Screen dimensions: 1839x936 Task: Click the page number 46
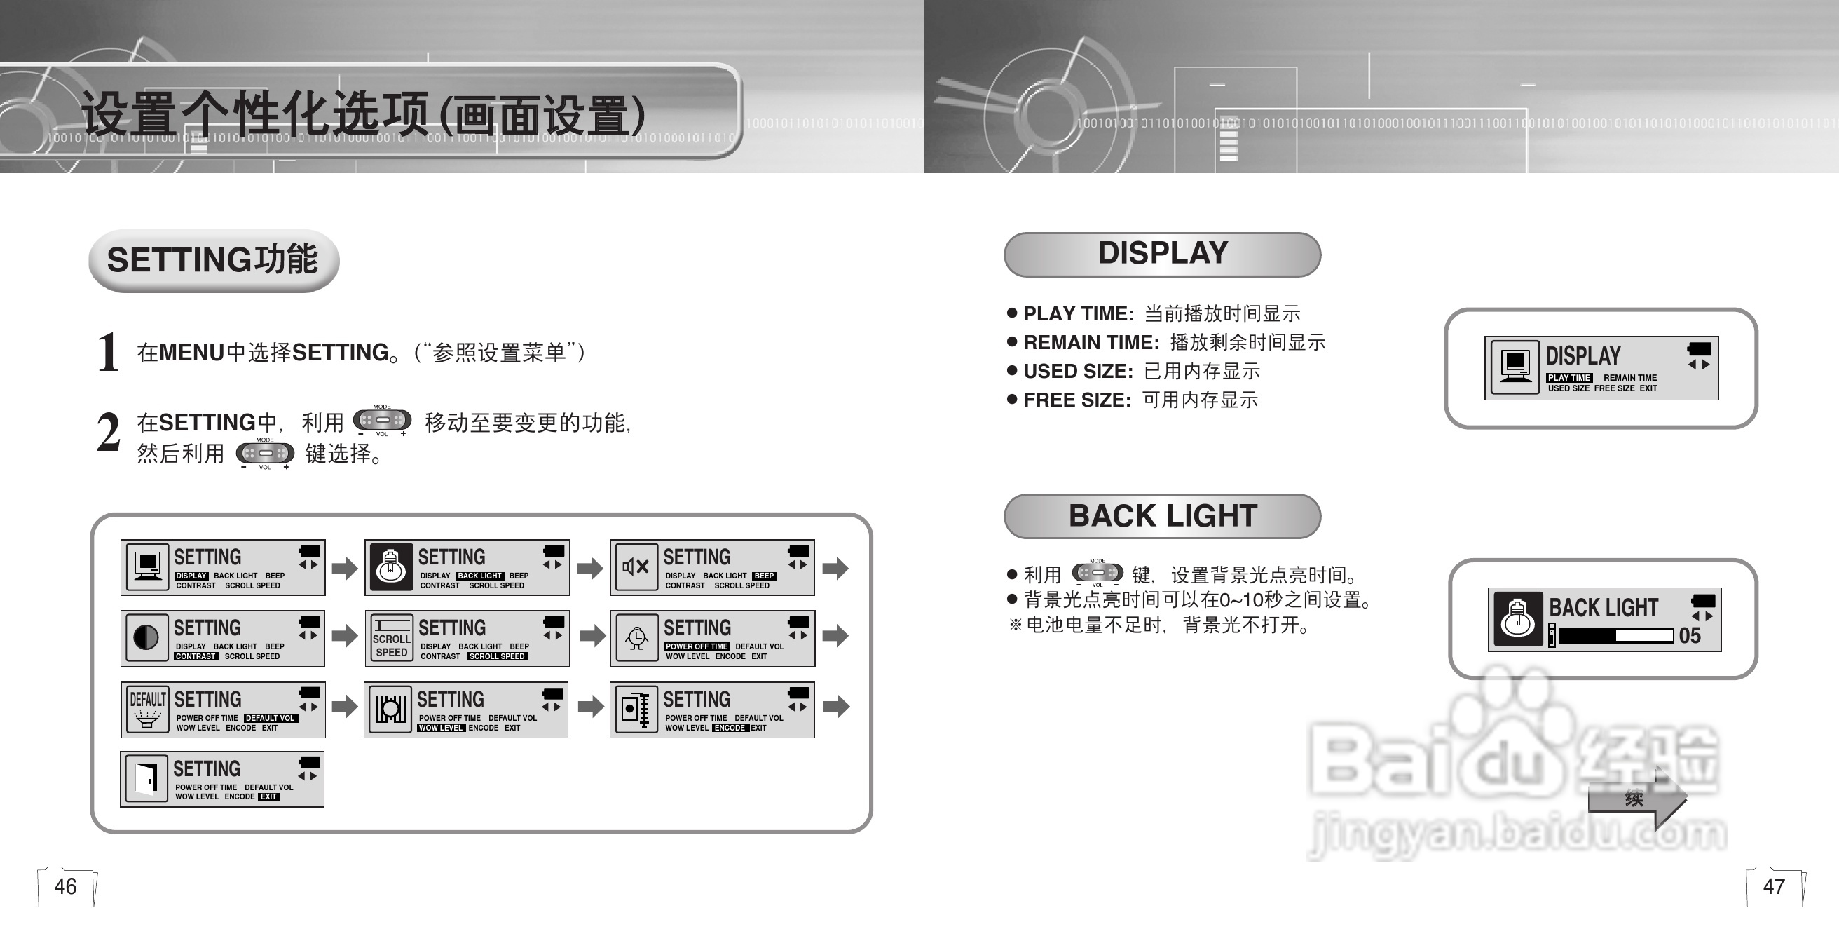65,886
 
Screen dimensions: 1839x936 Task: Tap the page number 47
1773,886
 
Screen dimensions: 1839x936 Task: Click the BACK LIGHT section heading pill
1162,515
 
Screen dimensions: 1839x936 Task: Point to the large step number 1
108,352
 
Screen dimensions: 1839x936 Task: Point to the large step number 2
108,433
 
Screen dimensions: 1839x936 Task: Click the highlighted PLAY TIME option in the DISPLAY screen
1568,378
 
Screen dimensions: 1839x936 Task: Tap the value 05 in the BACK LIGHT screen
1689,635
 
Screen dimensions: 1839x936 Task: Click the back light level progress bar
1615,635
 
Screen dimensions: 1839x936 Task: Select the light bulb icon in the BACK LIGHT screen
1517,619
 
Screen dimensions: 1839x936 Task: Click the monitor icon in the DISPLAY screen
1515,367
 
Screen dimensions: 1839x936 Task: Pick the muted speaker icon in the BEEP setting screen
636,567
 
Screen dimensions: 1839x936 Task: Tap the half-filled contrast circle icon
146,637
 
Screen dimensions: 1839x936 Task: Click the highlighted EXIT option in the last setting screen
268,796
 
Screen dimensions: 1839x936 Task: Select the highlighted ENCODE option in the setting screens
730,728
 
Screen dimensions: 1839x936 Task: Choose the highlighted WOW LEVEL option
440,728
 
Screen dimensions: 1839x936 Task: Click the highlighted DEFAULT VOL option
270,718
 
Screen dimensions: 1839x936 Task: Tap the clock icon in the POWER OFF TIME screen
636,637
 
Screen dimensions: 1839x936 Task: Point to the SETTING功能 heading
213,259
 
